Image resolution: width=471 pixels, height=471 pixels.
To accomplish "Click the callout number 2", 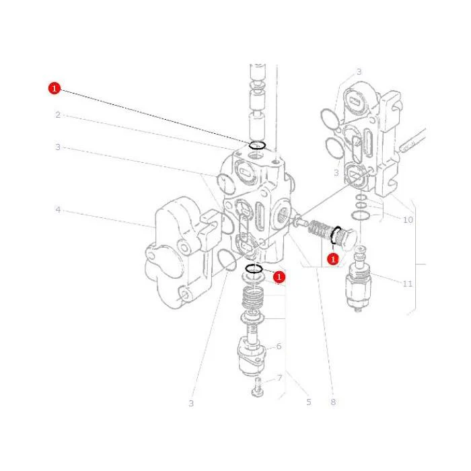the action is (x=58, y=115).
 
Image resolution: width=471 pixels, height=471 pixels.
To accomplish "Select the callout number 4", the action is (x=58, y=209).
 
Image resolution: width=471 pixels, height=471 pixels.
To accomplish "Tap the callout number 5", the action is (x=309, y=402).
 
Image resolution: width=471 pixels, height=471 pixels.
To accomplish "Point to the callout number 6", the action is (x=279, y=347).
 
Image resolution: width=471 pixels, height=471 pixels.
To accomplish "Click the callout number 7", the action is (x=279, y=377).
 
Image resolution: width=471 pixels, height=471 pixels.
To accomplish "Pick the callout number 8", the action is (x=333, y=402).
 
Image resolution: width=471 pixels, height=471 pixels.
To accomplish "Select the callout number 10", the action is (x=408, y=220).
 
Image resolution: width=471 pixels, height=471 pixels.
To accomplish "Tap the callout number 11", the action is (x=407, y=283).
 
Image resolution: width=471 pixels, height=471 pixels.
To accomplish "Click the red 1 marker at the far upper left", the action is (x=55, y=88).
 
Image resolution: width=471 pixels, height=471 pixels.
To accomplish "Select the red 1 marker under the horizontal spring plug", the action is (x=333, y=258).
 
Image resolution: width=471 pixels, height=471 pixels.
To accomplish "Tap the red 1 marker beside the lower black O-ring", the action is (x=279, y=277).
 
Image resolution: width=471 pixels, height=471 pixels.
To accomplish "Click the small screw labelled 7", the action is (x=257, y=387).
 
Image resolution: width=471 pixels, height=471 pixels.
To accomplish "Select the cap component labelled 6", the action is (x=252, y=357).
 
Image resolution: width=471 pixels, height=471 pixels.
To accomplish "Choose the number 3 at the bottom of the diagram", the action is (x=191, y=403).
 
